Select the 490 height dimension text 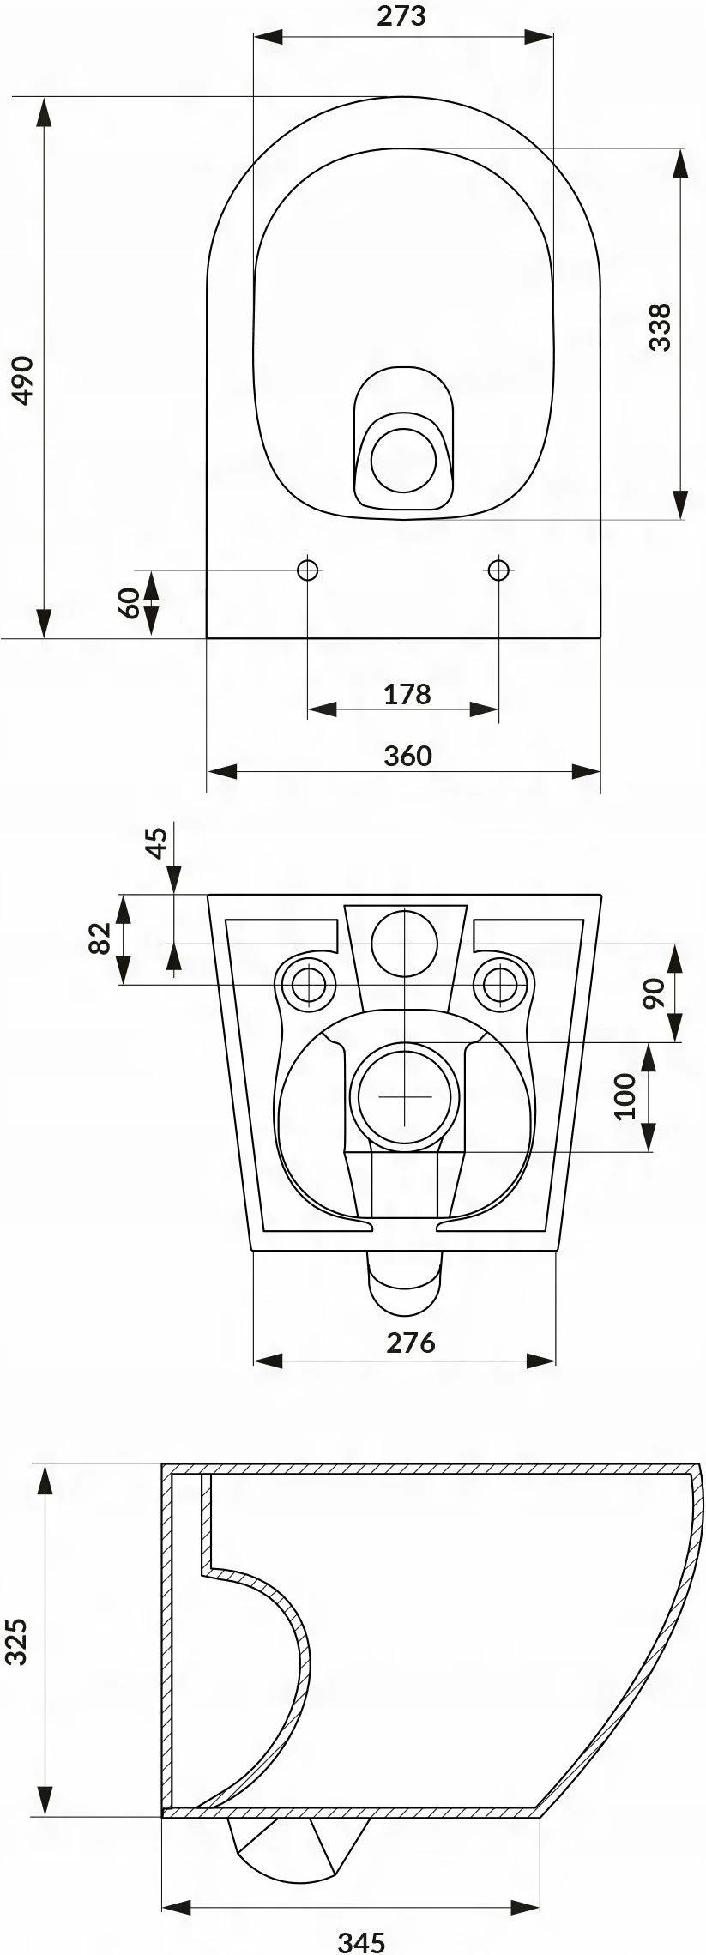pyautogui.click(x=21, y=379)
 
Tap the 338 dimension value pyautogui.click(x=660, y=327)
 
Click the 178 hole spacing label pyautogui.click(x=407, y=693)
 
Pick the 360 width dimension pyautogui.click(x=407, y=755)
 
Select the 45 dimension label pyautogui.click(x=156, y=842)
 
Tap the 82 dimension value pyautogui.click(x=100, y=938)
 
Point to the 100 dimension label pyautogui.click(x=626, y=1095)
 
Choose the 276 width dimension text pyautogui.click(x=410, y=1342)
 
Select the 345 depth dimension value pyautogui.click(x=359, y=1936)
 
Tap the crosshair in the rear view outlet pyautogui.click(x=404, y=1095)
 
